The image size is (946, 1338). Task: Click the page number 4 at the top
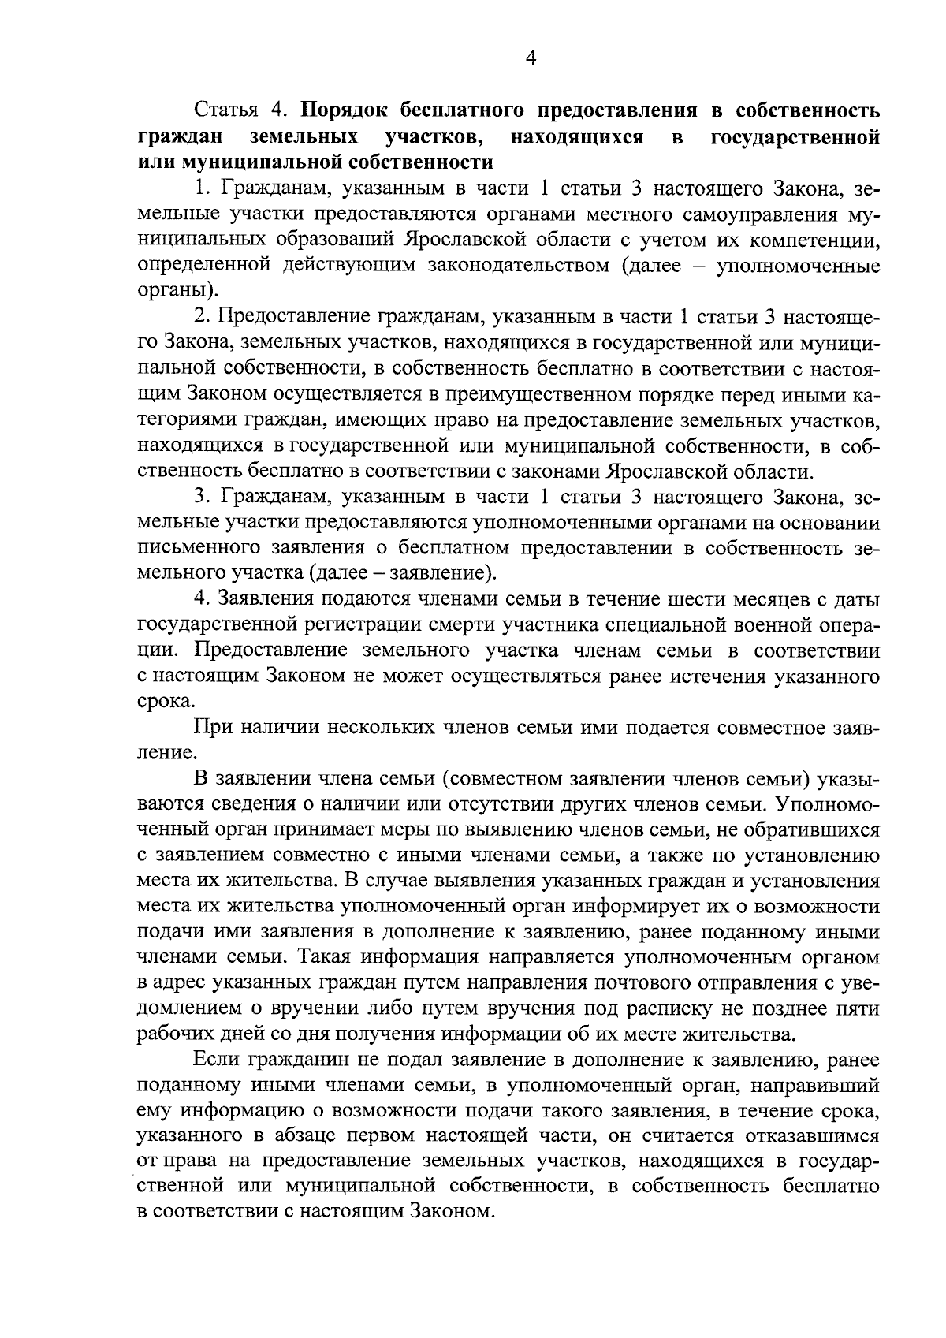pos(530,58)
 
